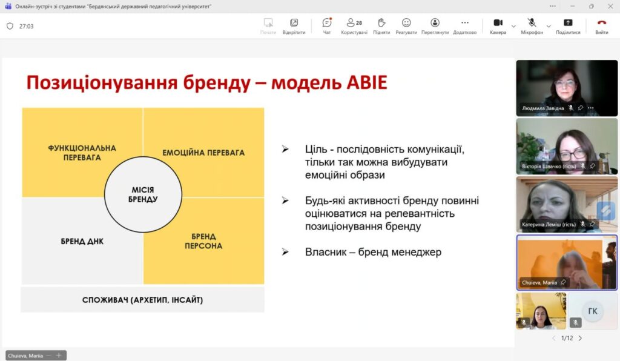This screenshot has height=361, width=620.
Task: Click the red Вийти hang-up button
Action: point(601,23)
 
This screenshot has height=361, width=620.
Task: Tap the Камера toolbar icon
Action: point(498,23)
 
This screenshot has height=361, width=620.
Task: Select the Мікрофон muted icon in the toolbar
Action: point(532,23)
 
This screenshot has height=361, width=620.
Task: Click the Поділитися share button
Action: point(568,23)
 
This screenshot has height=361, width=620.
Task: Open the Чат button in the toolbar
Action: point(327,23)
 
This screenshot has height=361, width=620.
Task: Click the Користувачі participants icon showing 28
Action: point(354,23)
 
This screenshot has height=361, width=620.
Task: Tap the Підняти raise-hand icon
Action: point(381,23)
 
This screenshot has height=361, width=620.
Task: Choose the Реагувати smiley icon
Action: point(406,23)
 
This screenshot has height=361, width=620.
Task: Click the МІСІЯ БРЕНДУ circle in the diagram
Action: point(143,194)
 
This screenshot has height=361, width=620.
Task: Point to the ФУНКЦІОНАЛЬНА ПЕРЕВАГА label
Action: point(82,153)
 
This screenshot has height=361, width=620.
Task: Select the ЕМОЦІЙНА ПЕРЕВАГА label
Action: point(203,153)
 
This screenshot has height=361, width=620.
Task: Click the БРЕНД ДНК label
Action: point(82,241)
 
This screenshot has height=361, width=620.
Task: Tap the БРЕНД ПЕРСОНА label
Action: point(203,241)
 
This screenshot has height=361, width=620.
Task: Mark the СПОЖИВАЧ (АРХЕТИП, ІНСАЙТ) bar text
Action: point(142,300)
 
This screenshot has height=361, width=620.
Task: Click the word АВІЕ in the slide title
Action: point(367,82)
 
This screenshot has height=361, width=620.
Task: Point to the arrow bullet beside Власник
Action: point(285,252)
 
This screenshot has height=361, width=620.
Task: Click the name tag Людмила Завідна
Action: point(543,108)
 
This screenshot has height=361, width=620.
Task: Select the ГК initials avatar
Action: point(593,311)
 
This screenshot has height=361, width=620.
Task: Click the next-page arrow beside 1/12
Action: point(581,338)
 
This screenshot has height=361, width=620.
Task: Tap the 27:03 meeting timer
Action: point(27,27)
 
